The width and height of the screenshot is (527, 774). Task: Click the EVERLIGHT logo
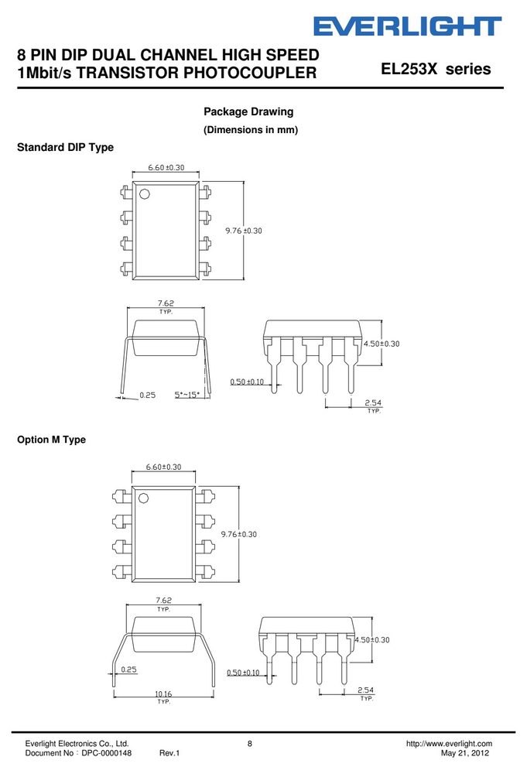[x=408, y=26]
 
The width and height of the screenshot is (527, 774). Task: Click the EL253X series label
[x=436, y=69]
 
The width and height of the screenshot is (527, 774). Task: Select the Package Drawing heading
[x=248, y=111]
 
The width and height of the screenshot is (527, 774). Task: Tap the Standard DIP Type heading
[x=65, y=147]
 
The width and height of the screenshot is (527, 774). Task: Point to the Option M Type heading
[x=51, y=440]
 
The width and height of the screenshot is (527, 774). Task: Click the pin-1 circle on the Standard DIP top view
[x=145, y=193]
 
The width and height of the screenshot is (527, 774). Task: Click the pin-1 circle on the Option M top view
[x=143, y=498]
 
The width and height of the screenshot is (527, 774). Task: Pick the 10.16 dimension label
[x=163, y=694]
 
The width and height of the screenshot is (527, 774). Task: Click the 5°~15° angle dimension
[x=187, y=395]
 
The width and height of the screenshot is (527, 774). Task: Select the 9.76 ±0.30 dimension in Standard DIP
[x=244, y=231]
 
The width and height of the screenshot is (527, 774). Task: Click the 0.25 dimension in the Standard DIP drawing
[x=148, y=395]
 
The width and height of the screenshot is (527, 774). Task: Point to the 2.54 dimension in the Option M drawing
[x=365, y=690]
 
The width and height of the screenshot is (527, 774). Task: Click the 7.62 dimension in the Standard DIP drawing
[x=166, y=303]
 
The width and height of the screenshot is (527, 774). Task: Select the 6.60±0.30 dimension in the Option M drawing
[x=163, y=467]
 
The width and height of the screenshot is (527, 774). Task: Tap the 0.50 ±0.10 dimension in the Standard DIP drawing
[x=247, y=382]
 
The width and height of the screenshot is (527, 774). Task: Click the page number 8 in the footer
[x=250, y=743]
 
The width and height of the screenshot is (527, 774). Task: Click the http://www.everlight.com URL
[x=449, y=743]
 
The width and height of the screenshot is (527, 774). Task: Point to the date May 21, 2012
[x=465, y=753]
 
